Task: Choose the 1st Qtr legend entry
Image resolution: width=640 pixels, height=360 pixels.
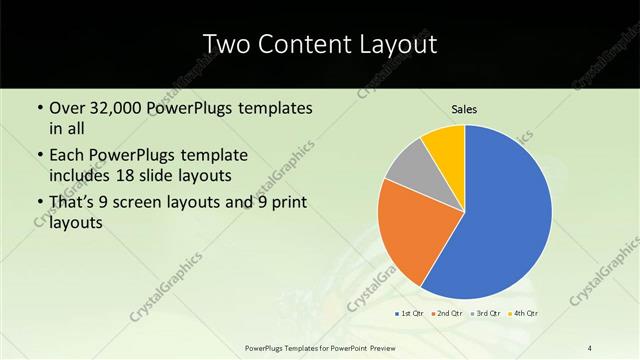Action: [409, 314]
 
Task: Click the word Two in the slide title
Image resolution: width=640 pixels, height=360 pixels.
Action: [225, 45]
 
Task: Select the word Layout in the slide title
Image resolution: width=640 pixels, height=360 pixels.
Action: [394, 45]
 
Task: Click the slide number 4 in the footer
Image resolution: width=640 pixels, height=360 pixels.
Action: [590, 346]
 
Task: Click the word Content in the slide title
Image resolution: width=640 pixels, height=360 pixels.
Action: [305, 45]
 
